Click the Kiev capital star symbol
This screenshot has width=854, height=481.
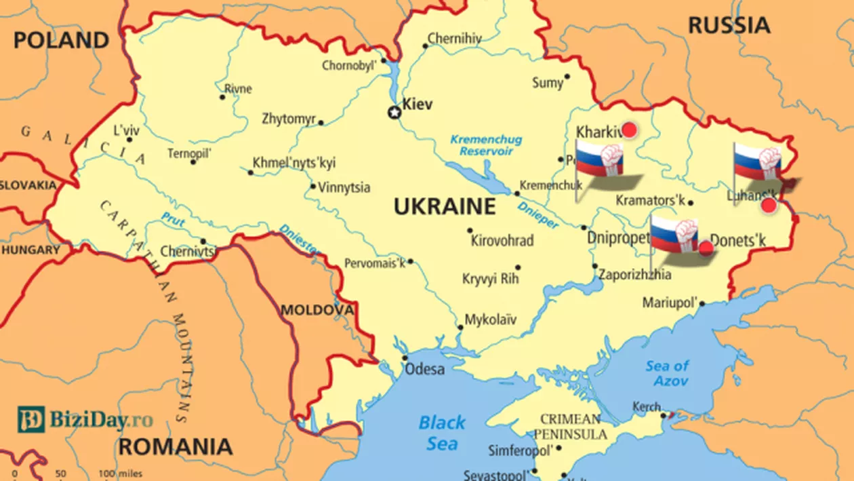394,112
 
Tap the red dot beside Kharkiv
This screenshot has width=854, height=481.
630,130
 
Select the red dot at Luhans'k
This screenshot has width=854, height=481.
769,205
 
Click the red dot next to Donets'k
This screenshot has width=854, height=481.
706,248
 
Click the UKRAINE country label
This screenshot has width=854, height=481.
445,206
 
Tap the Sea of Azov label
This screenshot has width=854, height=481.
667,373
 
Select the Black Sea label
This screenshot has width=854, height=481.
442,433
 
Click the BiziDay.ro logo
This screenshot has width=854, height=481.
85,420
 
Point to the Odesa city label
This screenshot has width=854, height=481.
425,370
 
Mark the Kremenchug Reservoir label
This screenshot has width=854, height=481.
486,145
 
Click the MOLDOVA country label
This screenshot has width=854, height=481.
317,310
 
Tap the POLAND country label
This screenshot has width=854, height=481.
61,40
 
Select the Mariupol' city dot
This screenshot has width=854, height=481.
702,303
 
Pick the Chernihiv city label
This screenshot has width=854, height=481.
455,39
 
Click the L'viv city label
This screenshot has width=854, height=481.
126,129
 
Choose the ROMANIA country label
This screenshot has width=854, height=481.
176,446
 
